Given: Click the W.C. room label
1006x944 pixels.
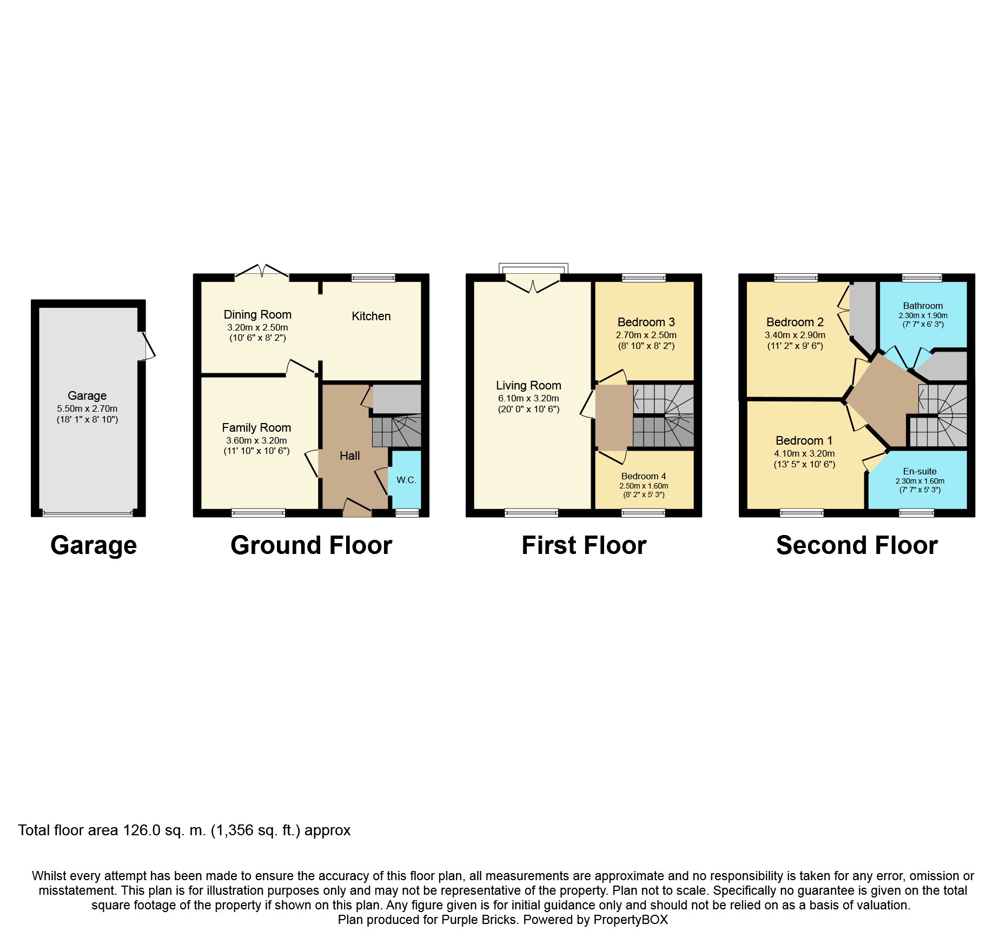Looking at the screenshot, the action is point(406,480).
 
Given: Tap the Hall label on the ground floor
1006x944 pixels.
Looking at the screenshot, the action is point(349,456).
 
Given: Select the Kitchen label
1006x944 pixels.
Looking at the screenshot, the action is point(371,316).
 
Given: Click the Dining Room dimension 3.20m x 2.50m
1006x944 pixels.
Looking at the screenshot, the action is point(257,328).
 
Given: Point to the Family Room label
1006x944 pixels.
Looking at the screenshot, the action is point(256,428).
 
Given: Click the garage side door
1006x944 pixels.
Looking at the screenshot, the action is point(147,345).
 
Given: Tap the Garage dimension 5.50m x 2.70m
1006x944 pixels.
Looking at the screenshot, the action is point(87,409).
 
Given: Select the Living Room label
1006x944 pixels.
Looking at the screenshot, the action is point(528,386).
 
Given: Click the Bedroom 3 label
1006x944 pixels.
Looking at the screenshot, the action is point(646,322).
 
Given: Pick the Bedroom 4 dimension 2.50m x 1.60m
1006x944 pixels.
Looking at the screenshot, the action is point(644,486).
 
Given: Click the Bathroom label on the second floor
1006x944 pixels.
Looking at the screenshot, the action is point(923,306).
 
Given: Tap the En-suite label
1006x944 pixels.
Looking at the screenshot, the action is point(919,471).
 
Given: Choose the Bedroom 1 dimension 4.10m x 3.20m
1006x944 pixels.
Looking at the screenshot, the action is point(804,454).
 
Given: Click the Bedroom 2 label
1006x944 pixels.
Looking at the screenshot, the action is point(795,322).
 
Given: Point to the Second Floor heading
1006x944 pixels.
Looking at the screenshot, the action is point(857,545).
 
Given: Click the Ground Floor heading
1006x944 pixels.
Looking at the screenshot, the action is point(312,545).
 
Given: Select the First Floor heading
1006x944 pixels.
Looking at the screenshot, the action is point(584,545).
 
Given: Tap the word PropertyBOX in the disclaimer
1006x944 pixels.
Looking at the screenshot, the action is point(631,920).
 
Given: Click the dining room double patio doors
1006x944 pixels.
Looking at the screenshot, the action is point(262,272).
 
